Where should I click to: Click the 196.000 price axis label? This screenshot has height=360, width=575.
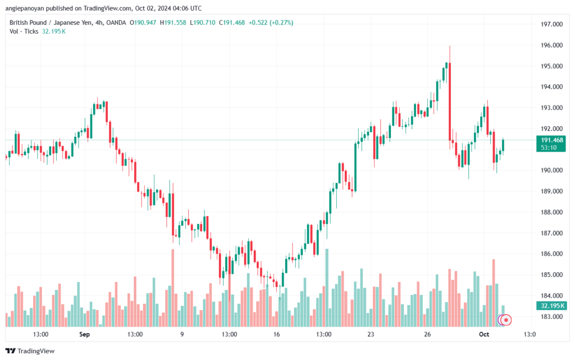coord(551,45)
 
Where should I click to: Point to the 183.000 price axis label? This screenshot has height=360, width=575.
coord(551,317)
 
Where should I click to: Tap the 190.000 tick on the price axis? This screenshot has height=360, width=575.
coord(551,171)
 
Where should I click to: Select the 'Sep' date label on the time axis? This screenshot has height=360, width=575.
coord(84,334)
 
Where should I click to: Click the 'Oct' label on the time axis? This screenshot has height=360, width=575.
coord(484,334)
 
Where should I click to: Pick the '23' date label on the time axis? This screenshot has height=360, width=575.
coord(371,334)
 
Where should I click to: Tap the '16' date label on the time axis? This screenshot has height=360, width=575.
coord(276,334)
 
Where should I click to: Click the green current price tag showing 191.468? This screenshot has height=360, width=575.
coord(551,144)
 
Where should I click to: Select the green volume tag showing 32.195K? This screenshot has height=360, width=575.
coord(551,306)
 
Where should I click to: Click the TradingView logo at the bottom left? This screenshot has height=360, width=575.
coord(30,351)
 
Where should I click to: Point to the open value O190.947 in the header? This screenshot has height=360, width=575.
coord(143,22)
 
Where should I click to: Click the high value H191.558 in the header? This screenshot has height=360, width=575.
coord(173,22)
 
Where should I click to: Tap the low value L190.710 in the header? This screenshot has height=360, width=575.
coord(202,22)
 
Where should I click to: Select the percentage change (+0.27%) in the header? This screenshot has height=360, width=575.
coord(281,22)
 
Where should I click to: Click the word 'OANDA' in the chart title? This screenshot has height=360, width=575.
coord(116,22)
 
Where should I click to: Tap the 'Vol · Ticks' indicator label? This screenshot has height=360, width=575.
coord(24,31)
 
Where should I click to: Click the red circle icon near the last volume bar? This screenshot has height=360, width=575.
coord(506,320)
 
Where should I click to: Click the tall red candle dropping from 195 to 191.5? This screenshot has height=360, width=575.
coord(450,102)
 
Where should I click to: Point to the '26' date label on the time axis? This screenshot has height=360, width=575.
coord(427,334)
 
